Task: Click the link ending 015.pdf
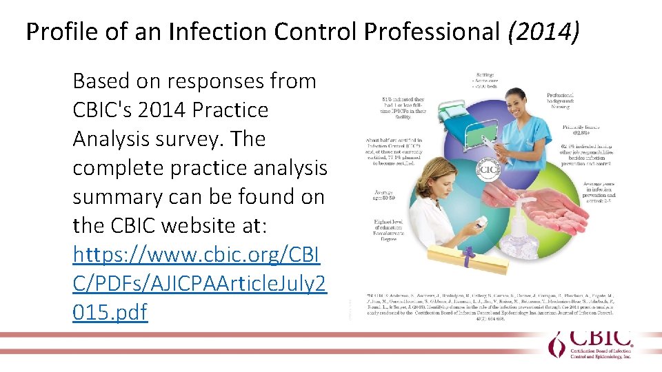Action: point(110,313)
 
